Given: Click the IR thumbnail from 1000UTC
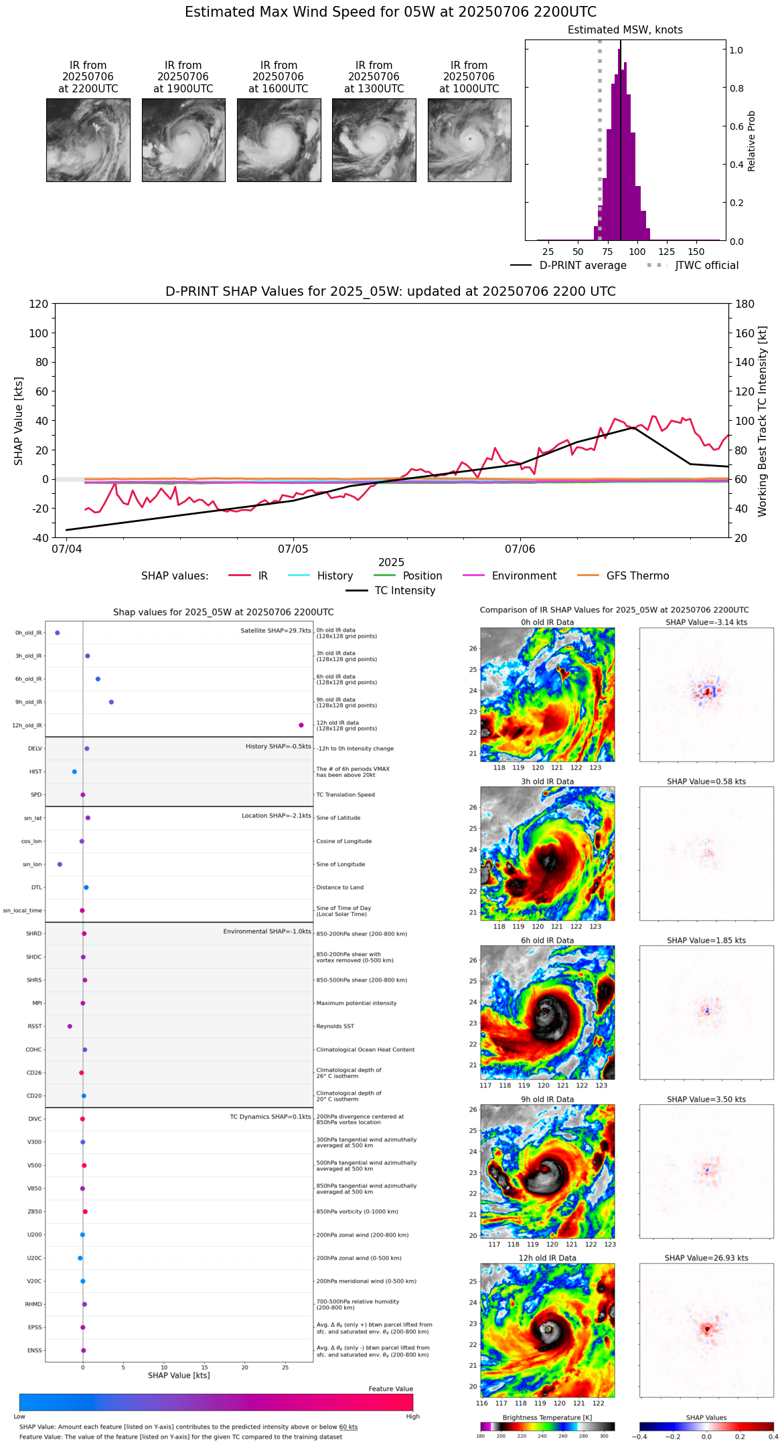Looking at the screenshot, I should coord(469,140).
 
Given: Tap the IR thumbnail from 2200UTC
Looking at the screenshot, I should coord(88,140).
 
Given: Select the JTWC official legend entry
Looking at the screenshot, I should coord(706,266).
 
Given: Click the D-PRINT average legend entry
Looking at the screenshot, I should coord(582,266).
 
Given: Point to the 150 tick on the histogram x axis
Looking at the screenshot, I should coord(696,252).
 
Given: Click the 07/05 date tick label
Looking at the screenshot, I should coord(293,549).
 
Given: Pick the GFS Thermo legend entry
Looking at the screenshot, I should coord(637,576).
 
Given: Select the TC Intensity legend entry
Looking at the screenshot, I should coord(404,591).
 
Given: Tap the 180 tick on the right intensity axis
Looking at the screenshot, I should coord(745,304).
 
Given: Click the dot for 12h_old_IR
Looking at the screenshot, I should coord(301,725).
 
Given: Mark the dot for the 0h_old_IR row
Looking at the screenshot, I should coord(58,633).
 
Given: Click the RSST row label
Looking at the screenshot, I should coord(35,1026).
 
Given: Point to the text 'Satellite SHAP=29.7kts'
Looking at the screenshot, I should coord(276,631).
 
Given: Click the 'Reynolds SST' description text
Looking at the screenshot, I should coord(335,1026).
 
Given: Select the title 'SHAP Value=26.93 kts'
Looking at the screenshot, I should coord(706,1259).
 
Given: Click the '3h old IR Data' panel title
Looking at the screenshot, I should coord(547,782).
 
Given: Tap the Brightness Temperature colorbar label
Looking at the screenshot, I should coord(547,1418).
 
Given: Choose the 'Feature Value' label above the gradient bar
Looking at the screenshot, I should coord(390,1389).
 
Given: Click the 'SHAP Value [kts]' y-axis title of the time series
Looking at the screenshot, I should coord(19,421).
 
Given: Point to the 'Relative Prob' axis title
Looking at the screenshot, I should coord(752,141).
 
